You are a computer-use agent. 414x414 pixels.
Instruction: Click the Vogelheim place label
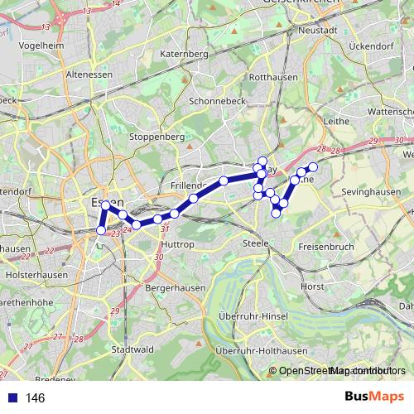[x=41, y=45]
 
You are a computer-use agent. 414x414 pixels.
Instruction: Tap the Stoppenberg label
[x=156, y=136]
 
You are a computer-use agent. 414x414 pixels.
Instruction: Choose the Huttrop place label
[x=179, y=245]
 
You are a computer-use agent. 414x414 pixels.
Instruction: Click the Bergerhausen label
[x=174, y=286]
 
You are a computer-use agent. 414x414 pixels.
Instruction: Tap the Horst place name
[x=314, y=286]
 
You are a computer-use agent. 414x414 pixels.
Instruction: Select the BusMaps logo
[x=374, y=397]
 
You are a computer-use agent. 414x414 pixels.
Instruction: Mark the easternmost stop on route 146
[x=313, y=167]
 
